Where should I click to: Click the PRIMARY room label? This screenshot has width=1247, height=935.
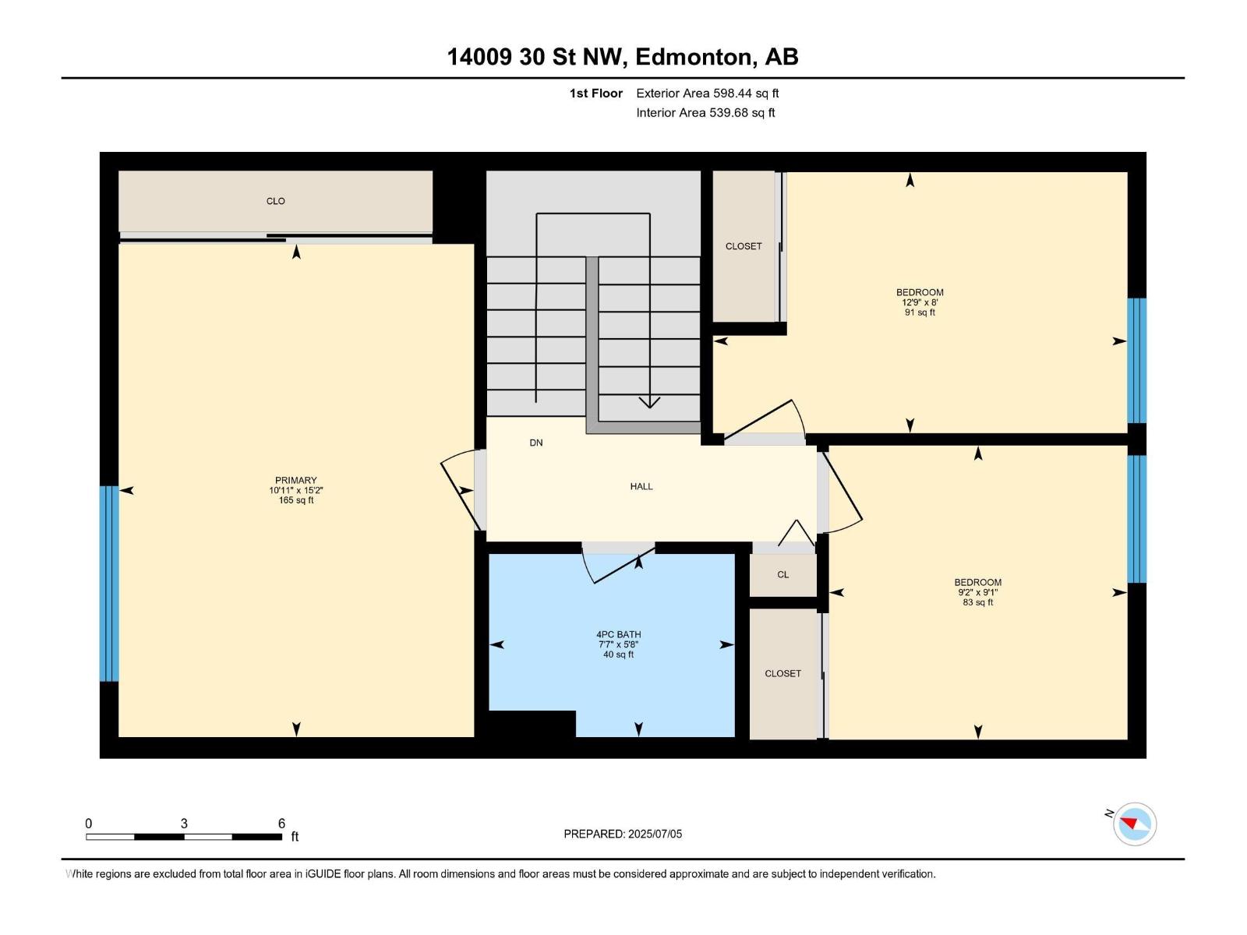pos(295,480)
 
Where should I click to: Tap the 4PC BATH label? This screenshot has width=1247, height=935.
pos(618,634)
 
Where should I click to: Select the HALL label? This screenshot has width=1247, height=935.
pos(641,486)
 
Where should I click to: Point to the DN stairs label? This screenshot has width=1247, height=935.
pos(535,443)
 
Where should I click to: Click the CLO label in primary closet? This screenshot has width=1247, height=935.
pos(276,201)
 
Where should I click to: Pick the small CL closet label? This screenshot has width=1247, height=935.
pos(782,574)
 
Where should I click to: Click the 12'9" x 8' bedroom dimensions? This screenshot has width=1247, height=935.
pos(920,302)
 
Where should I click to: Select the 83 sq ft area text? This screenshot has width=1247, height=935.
pos(977,602)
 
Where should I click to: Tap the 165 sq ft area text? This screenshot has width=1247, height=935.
pos(296,500)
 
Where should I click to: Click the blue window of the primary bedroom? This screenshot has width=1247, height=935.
pos(109,583)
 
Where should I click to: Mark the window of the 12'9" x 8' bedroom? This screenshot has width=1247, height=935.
pos(1137,361)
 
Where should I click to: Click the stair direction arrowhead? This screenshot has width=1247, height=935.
pos(649,402)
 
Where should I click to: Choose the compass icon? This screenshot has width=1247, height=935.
pos(1134,824)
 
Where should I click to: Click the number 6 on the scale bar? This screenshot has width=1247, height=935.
pos(281,823)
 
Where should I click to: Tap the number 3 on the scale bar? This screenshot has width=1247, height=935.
pos(184,823)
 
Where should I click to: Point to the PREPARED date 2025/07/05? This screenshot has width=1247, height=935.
pos(655,834)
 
